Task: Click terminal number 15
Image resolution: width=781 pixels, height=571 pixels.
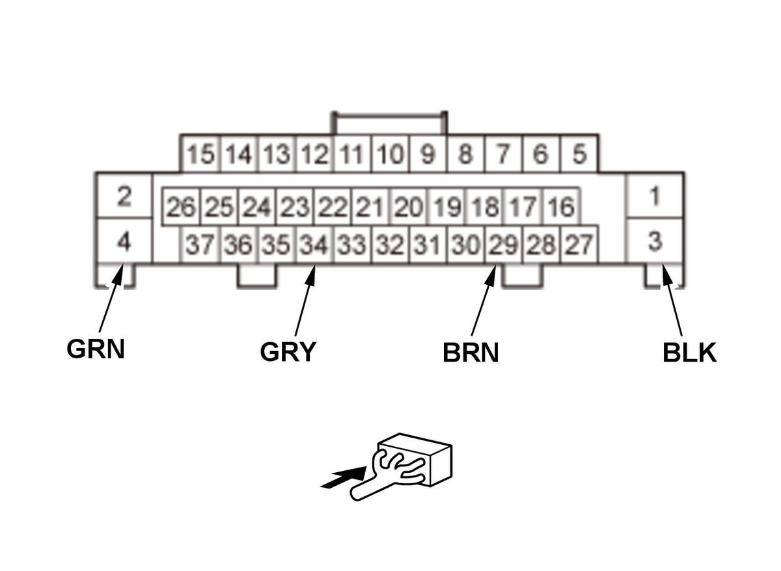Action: click(200, 155)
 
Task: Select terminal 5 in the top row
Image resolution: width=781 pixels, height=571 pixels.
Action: click(579, 155)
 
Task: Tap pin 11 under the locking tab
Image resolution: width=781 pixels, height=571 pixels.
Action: click(351, 155)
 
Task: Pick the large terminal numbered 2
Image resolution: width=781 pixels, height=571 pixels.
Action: click(124, 196)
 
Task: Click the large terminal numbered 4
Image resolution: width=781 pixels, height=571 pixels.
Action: click(124, 242)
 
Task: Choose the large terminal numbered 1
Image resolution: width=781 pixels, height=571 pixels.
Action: click(655, 196)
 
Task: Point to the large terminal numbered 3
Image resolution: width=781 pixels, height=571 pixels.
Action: click(655, 242)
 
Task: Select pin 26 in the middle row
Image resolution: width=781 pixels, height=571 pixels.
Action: click(180, 208)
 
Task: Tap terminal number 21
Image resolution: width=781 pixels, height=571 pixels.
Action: click(370, 208)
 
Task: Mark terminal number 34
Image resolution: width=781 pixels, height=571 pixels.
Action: click(314, 246)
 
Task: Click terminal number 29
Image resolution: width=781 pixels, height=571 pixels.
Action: click(503, 246)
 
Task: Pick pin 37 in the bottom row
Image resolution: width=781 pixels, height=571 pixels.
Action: click(200, 246)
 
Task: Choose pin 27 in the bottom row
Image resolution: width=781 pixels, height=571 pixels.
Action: click(579, 246)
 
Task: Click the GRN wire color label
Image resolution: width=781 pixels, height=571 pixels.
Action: click(96, 349)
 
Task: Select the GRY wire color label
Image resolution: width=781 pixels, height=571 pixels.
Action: click(288, 352)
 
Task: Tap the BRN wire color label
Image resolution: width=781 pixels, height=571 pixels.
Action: click(471, 352)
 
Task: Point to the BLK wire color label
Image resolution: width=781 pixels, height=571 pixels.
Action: click(689, 352)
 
